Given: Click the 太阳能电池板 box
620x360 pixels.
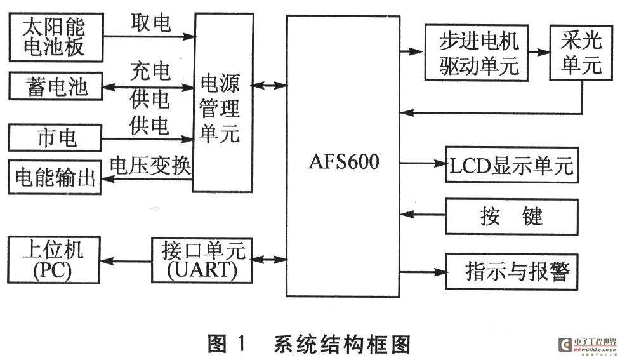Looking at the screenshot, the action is (x=56, y=37).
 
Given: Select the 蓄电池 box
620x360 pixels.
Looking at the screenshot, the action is (x=56, y=86).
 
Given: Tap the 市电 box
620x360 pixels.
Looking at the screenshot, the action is (x=55, y=138).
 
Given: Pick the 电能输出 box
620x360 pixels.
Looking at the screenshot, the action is (x=55, y=177).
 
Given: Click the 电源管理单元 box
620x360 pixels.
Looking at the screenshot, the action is (x=223, y=103).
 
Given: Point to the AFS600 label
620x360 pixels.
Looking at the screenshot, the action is (x=343, y=161).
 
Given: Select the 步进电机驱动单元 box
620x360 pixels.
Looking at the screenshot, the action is (x=477, y=53).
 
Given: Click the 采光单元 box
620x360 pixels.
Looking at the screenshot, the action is (x=581, y=53).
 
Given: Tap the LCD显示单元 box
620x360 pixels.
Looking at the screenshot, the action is (x=511, y=165).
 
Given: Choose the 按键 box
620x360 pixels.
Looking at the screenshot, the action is (x=511, y=217).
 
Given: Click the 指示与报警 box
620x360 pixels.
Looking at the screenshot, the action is (x=511, y=271).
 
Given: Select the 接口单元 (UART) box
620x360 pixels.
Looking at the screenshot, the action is (x=202, y=260).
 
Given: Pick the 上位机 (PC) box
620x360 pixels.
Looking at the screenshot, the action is (x=54, y=260).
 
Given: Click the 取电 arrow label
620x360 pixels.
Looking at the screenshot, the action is (x=150, y=23).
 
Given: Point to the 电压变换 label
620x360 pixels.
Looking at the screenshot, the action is (x=150, y=165).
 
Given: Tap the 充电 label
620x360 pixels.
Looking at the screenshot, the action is (x=150, y=71).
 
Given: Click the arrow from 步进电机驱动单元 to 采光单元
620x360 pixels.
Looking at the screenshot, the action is (x=539, y=52).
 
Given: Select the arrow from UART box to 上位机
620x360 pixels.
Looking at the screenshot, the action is (x=126, y=261).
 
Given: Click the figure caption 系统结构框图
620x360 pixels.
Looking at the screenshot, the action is (x=342, y=344).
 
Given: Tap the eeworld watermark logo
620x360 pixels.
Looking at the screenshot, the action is (x=588, y=345).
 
